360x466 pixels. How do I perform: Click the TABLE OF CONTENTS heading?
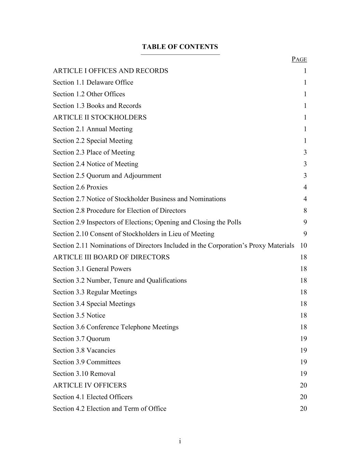point(180,47)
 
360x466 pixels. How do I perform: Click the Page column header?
point(299,59)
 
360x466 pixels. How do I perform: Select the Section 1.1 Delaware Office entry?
point(93,83)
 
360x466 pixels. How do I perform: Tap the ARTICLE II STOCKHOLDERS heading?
point(100,117)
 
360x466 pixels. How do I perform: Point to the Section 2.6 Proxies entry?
point(80,187)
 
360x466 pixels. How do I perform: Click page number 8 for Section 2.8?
point(305,211)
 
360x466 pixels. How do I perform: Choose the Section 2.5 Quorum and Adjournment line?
point(107,176)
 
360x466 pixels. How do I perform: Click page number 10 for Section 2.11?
point(303,246)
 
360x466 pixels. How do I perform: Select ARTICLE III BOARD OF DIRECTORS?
point(111,257)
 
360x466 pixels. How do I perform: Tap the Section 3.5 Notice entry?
point(79,315)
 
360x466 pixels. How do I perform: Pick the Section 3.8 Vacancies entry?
point(84,351)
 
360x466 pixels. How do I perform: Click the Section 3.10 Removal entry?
point(84,374)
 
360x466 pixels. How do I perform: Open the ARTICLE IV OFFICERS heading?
point(90,385)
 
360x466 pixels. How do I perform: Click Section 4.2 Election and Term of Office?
point(110,409)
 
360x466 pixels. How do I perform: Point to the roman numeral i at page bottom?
point(180,441)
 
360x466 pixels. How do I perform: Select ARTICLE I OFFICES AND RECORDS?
point(111,71)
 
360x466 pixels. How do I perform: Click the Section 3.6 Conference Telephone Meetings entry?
point(116,327)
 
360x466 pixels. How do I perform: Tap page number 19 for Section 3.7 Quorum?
point(303,339)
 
